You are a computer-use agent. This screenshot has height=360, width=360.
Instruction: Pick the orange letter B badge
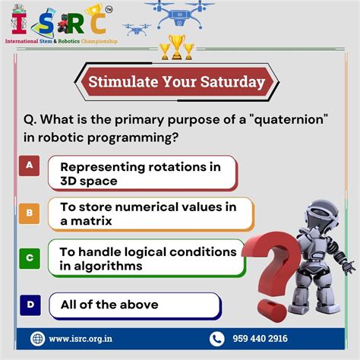click(29, 213)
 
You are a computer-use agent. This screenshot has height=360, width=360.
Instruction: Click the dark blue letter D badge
click(29, 305)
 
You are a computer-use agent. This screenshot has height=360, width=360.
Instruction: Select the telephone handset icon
click(217, 339)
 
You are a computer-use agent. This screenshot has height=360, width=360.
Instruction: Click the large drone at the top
click(180, 14)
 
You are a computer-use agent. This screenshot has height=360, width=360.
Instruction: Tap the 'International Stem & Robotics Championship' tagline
click(62, 41)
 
